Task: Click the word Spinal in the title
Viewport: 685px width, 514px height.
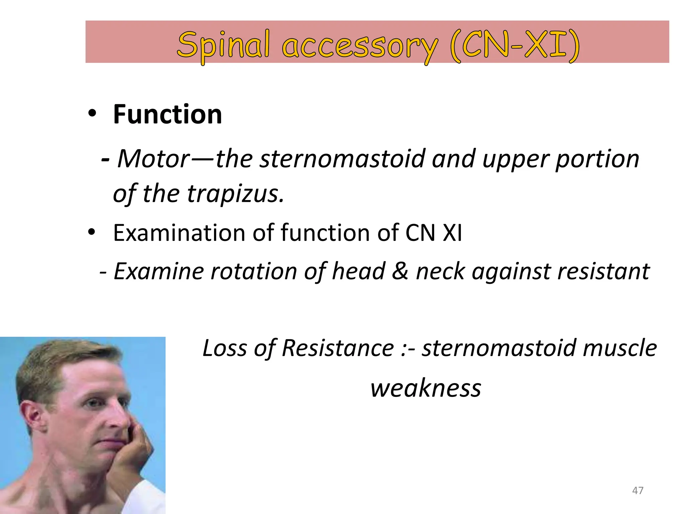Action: point(223,45)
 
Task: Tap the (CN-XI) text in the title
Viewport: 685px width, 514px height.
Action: point(514,45)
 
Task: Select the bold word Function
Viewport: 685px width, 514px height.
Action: point(167,114)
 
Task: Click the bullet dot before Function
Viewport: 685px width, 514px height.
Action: point(92,114)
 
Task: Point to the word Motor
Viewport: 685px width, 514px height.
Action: point(154,159)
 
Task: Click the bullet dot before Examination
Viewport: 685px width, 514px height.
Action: point(92,232)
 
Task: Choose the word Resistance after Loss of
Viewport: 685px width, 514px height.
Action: point(338,348)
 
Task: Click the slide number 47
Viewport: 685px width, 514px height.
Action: point(638,491)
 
